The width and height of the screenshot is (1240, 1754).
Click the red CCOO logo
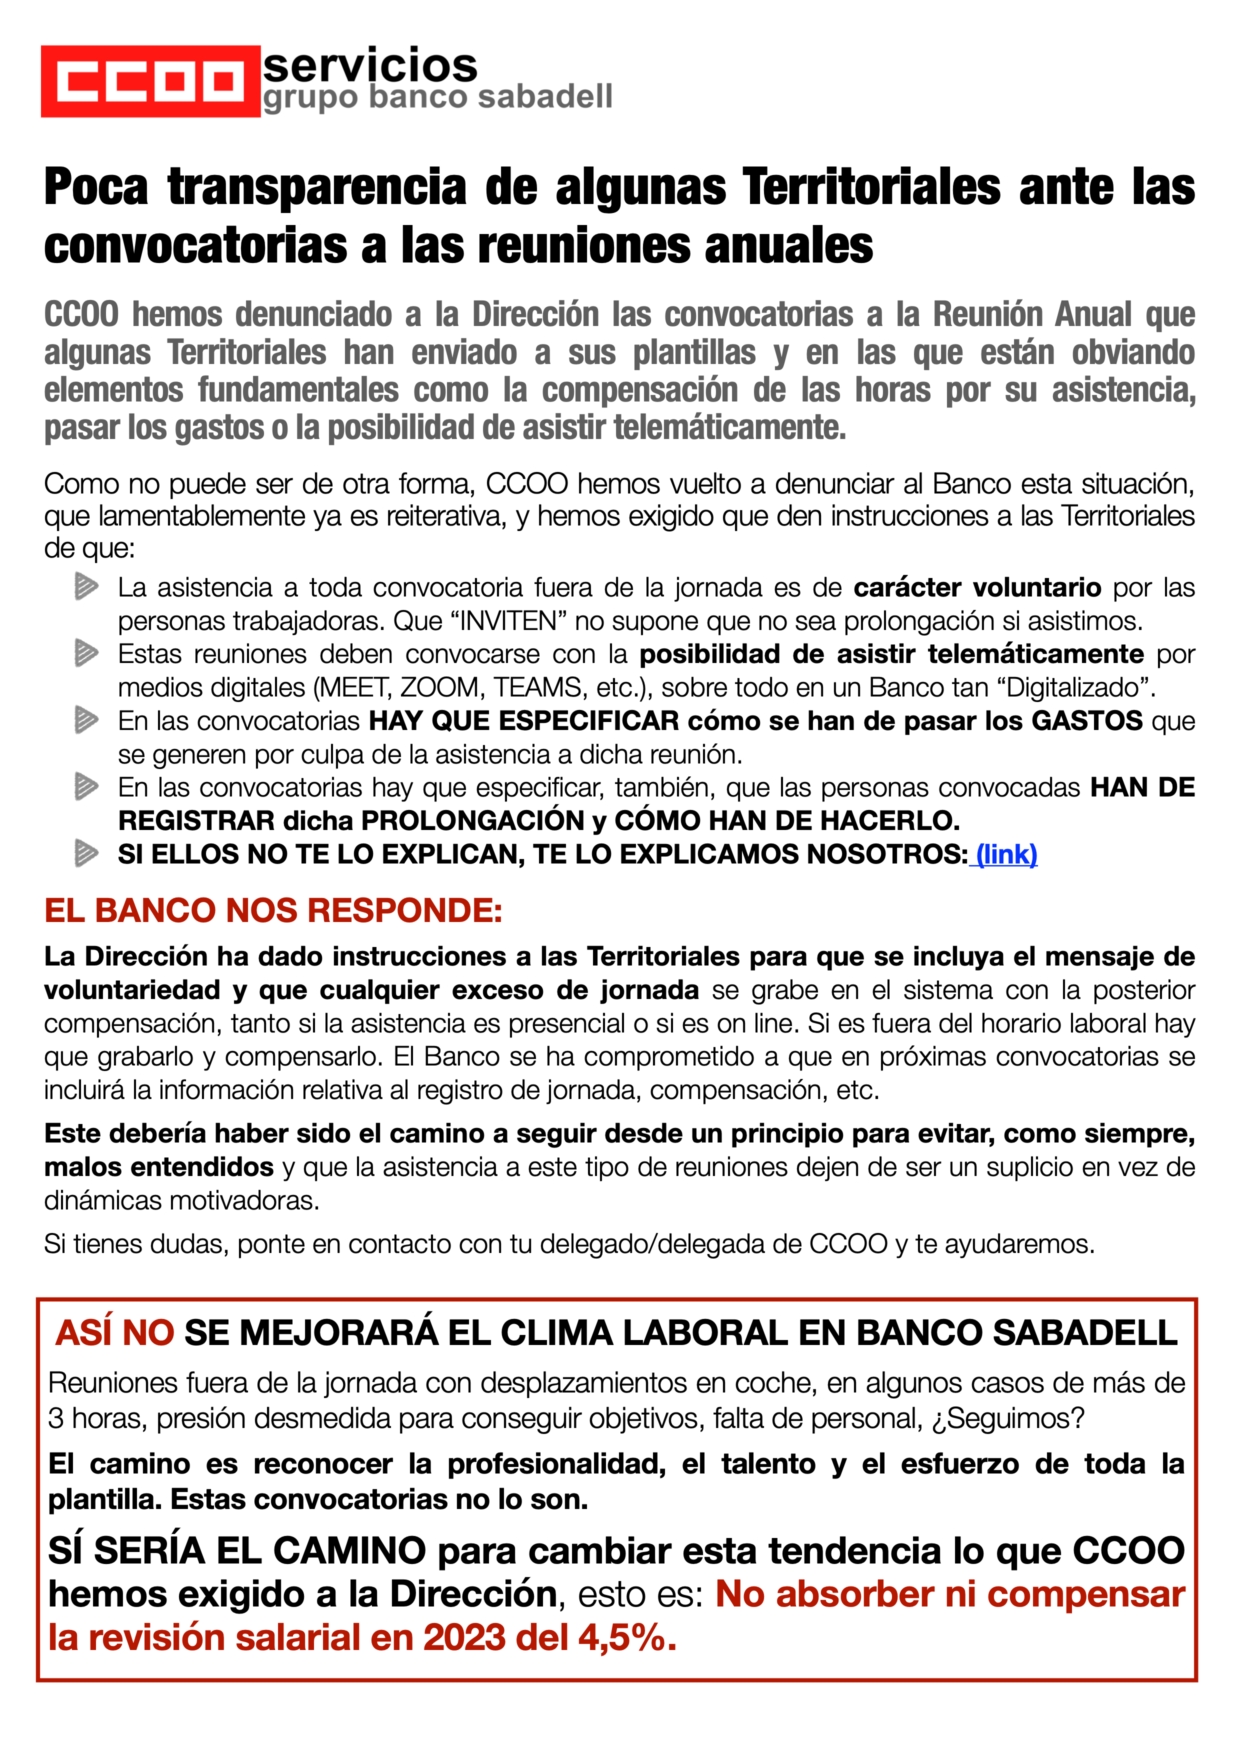tap(150, 81)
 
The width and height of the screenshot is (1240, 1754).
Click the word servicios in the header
tap(370, 65)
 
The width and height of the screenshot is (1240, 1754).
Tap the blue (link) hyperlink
tap(1006, 854)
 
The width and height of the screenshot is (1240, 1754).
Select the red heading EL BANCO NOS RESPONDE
tap(273, 911)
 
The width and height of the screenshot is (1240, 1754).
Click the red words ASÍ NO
tap(115, 1333)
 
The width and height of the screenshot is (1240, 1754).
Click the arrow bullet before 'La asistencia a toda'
tap(87, 587)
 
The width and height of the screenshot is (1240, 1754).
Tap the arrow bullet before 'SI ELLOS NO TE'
tap(87, 854)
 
